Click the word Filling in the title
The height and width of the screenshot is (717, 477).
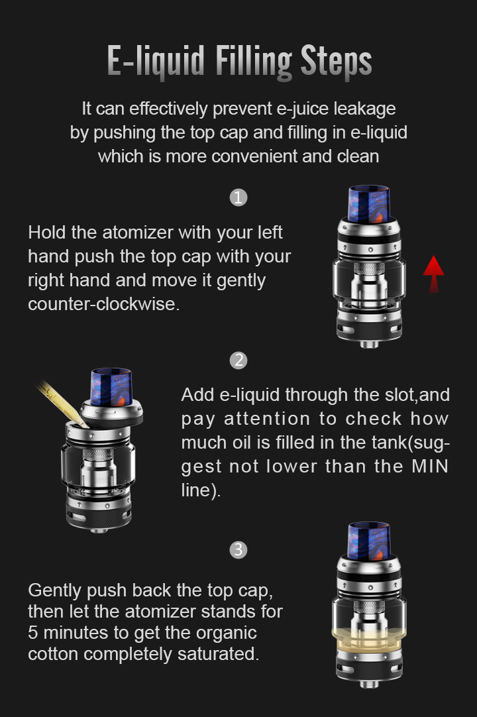[254, 62]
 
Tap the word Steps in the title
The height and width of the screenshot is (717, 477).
[336, 61]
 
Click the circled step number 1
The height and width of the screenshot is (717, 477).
[238, 197]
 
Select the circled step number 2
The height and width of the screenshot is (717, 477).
[238, 360]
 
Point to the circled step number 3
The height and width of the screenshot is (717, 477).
[238, 549]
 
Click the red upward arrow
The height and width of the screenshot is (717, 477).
[433, 274]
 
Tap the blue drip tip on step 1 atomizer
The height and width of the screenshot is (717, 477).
[368, 203]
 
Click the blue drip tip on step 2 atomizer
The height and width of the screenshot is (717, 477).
[111, 387]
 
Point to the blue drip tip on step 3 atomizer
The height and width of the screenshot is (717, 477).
[368, 541]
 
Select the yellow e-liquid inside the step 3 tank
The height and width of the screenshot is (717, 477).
[368, 638]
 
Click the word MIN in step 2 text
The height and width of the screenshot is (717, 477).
[429, 467]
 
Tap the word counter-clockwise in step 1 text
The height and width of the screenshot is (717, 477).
[104, 304]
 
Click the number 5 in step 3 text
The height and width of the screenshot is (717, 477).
[33, 633]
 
